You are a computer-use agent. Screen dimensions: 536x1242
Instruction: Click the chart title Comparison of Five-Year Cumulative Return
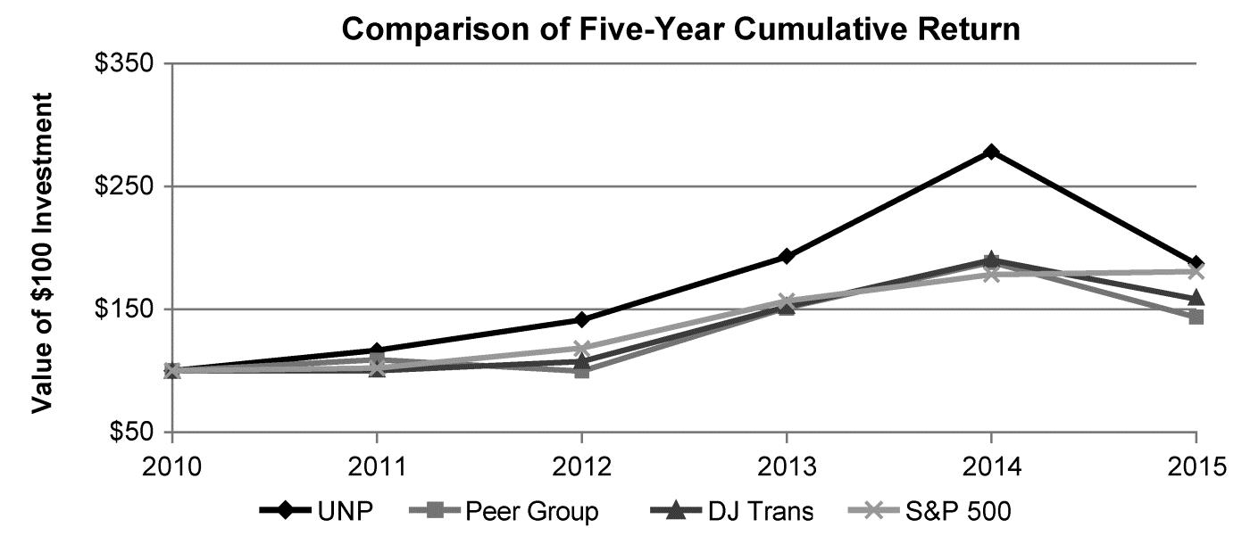(680, 29)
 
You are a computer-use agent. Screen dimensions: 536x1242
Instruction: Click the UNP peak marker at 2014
(991, 152)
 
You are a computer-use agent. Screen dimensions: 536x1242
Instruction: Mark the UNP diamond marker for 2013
(787, 257)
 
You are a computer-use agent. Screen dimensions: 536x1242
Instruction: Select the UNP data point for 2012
(581, 319)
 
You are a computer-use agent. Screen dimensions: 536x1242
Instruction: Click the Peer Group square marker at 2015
(1196, 317)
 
